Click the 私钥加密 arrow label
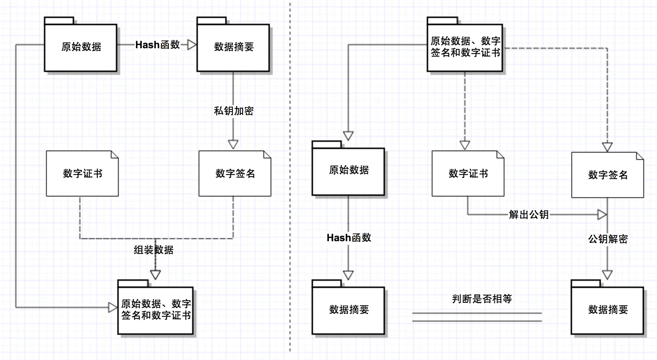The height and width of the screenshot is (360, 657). (234, 111)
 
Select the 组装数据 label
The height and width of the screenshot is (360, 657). (154, 250)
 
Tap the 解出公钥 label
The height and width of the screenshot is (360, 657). (529, 215)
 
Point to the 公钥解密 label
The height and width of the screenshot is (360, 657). (608, 239)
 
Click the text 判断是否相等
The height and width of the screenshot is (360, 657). (482, 299)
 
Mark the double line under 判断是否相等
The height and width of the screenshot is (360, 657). (477, 317)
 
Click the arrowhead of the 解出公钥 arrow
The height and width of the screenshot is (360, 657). (602, 215)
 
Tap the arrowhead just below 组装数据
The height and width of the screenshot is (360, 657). (155, 275)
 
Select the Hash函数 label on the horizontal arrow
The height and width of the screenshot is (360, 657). (158, 45)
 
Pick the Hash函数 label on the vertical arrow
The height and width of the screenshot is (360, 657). (349, 238)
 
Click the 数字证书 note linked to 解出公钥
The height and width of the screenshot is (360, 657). (468, 174)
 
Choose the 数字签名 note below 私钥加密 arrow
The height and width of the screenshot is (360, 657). (235, 174)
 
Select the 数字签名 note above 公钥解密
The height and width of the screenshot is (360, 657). (607, 175)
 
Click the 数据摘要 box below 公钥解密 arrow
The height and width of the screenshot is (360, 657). (607, 310)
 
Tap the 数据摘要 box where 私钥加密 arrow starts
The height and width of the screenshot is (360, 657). (233, 47)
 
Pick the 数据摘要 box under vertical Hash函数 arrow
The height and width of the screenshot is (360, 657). (348, 310)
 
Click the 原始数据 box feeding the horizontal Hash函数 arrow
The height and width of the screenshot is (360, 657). (81, 47)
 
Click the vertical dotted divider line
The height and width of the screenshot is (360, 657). (290, 180)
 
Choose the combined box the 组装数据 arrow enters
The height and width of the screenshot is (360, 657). (155, 310)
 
